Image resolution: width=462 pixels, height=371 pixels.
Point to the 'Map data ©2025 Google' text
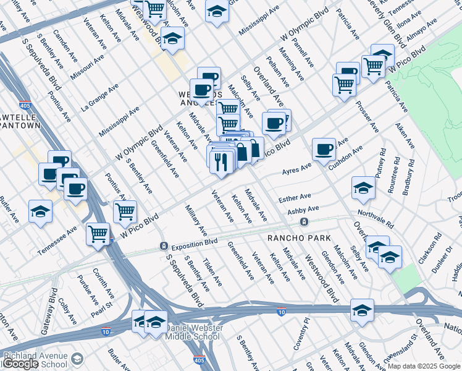[424, 366]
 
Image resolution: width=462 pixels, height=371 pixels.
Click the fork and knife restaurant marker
[220, 161]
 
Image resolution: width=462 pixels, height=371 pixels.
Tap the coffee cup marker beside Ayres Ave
[324, 149]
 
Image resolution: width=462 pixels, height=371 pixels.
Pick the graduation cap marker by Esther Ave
[363, 188]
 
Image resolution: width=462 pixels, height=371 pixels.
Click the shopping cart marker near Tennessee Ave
[98, 234]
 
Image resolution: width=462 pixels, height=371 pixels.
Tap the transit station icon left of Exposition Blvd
[164, 245]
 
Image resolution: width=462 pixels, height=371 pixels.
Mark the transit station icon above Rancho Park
[303, 221]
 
